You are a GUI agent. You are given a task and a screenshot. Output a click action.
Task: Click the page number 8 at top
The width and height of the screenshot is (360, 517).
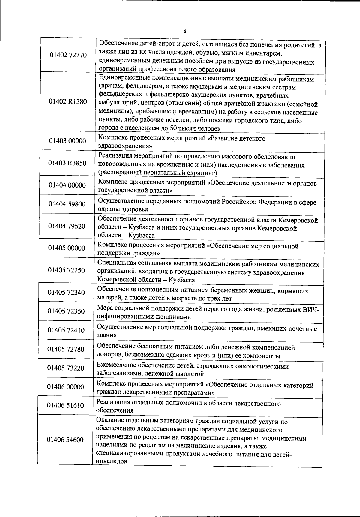[185, 31]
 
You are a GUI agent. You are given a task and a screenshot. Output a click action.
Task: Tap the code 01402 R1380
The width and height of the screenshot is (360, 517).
[68, 102]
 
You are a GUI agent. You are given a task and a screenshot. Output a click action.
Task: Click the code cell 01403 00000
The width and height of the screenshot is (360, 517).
[67, 141]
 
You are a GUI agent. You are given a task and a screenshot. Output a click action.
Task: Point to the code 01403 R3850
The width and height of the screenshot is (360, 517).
[67, 163]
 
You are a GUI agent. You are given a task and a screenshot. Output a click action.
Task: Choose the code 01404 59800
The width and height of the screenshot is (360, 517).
[67, 204]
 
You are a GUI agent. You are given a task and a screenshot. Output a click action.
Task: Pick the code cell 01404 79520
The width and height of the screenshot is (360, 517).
[67, 226]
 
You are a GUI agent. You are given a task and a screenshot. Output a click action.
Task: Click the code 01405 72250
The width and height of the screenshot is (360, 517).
[67, 270]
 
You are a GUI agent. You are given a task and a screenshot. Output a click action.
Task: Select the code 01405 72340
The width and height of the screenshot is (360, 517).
[66, 292]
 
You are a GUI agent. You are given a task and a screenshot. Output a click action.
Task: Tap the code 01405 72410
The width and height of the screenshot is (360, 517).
[66, 330]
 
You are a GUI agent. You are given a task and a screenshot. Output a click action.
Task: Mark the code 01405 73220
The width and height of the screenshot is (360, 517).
[66, 368]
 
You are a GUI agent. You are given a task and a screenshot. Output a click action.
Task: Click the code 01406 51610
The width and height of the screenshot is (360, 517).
[65, 406]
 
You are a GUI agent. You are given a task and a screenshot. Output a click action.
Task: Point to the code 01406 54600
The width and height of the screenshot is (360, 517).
[65, 440]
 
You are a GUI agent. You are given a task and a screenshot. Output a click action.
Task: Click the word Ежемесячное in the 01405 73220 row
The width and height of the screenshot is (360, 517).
[117, 366]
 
